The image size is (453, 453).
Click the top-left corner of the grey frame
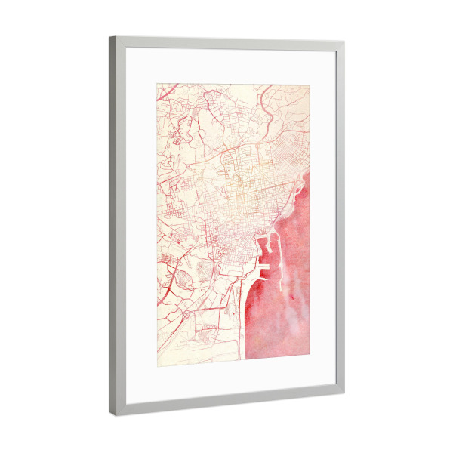[x=110, y=36]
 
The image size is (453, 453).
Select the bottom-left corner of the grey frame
[x=111, y=416]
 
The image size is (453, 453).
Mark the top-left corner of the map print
[x=157, y=83]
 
